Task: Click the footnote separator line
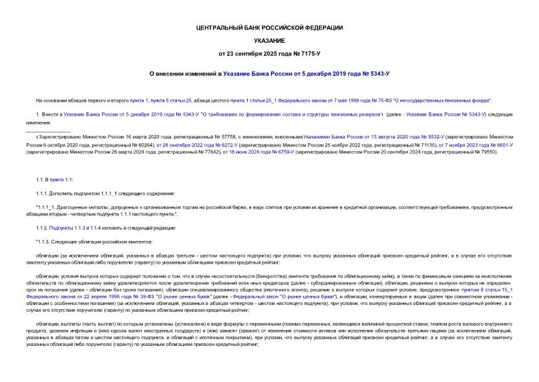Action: click(x=49, y=131)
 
